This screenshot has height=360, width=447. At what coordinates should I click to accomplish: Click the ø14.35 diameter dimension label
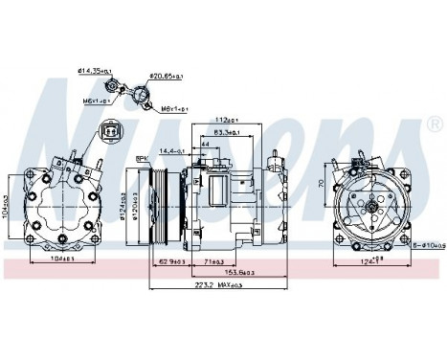[x=96, y=69]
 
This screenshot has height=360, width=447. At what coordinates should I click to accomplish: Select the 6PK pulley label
[x=141, y=160]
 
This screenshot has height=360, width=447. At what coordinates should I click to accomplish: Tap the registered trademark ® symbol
[x=433, y=124]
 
